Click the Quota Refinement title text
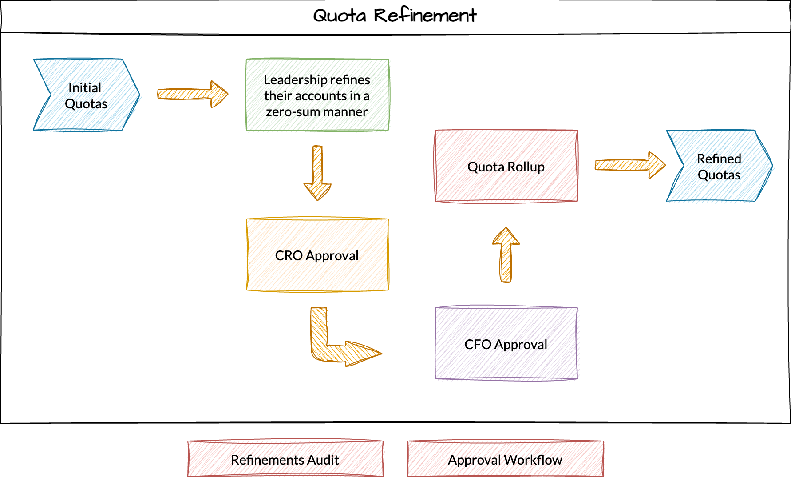click(x=395, y=16)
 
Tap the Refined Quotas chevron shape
click(x=719, y=166)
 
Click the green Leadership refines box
click(x=317, y=95)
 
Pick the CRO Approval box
click(x=317, y=255)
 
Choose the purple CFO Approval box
click(x=506, y=344)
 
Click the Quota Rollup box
click(x=506, y=166)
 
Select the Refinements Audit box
click(x=285, y=459)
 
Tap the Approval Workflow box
click(x=505, y=459)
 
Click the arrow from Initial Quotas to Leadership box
click(x=192, y=94)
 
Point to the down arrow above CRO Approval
click(x=317, y=173)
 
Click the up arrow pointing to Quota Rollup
click(x=506, y=255)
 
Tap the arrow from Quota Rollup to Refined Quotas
click(x=629, y=165)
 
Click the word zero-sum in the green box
click(x=286, y=112)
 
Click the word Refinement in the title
click(x=425, y=16)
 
